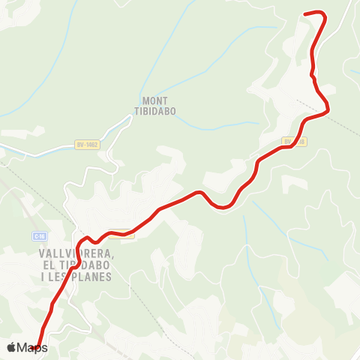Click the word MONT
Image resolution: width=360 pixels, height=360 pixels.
click(x=155, y=100)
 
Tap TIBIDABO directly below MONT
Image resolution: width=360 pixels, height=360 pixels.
click(x=155, y=111)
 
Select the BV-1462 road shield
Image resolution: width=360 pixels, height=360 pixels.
click(x=87, y=145)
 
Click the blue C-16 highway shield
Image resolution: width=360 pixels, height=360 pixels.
click(x=38, y=235)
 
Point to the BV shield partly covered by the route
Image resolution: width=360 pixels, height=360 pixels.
click(x=293, y=140)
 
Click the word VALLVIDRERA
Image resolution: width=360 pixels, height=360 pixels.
click(x=74, y=253)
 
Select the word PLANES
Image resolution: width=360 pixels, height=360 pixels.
click(x=93, y=276)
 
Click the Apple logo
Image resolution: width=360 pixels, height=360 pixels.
click(x=11, y=347)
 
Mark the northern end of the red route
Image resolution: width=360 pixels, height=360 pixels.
click(x=304, y=13)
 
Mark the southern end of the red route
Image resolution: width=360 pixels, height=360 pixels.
click(x=37, y=347)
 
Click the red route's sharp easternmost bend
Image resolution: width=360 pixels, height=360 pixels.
click(x=328, y=112)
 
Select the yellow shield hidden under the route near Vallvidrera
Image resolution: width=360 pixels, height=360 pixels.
click(x=121, y=233)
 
